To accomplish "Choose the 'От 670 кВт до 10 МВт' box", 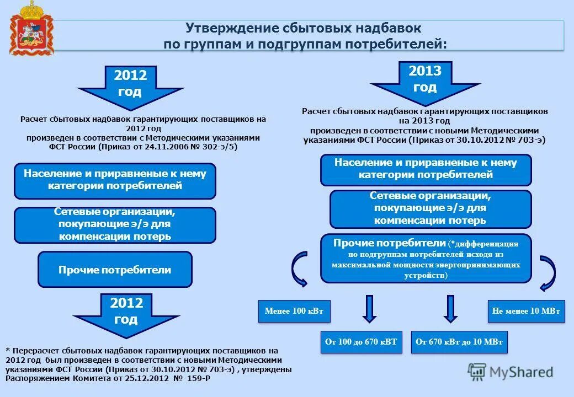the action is [x=459, y=342].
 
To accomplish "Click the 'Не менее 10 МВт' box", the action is [x=526, y=312].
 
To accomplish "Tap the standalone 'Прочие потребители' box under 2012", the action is [x=115, y=270].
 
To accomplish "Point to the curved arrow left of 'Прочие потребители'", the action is [x=299, y=269].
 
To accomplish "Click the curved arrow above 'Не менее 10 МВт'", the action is [x=548, y=272].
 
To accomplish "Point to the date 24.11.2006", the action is [x=153, y=147].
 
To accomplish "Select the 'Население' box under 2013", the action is [x=426, y=169].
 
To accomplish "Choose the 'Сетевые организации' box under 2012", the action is [x=115, y=224].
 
